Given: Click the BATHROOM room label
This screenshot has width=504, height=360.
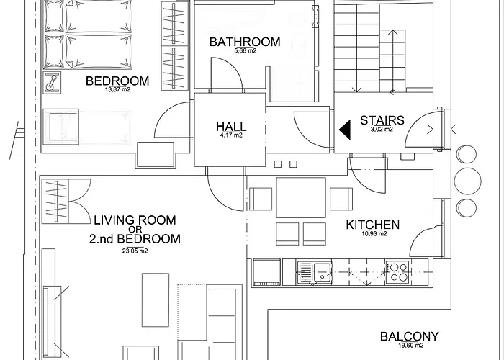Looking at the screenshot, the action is tap(245, 42).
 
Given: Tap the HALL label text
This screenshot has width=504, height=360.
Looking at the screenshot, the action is tap(231, 126).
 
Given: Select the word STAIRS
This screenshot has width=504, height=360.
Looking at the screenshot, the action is tap(382, 120).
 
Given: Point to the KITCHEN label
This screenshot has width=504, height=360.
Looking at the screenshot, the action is tap(372, 225).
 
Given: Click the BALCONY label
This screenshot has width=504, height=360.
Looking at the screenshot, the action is tap(409, 336).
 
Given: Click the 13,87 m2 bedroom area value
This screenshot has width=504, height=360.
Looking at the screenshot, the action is tap(117, 90).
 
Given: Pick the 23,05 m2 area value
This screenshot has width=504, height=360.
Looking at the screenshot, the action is tap(135, 251).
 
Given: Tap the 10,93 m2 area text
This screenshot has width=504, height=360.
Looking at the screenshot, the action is tap(374, 234).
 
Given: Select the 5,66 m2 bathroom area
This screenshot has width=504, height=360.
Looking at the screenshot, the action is tap(246, 51).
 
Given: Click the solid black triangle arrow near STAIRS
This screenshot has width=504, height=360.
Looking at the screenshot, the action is tap(346, 130).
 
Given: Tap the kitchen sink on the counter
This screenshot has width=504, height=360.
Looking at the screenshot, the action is tap(315, 273).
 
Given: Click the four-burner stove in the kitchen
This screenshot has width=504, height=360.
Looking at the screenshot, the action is tap(397, 272).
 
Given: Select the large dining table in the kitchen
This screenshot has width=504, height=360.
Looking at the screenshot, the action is tap(301, 198).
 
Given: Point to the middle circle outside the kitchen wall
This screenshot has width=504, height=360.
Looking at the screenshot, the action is tap(468, 181).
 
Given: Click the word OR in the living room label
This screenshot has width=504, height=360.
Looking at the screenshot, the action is tap(135, 230).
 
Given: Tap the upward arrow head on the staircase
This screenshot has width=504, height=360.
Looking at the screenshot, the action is tap(392, 32).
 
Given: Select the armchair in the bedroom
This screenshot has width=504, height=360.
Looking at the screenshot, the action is tap(61, 126).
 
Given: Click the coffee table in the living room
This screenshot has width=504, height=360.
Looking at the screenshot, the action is tap(156, 300).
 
